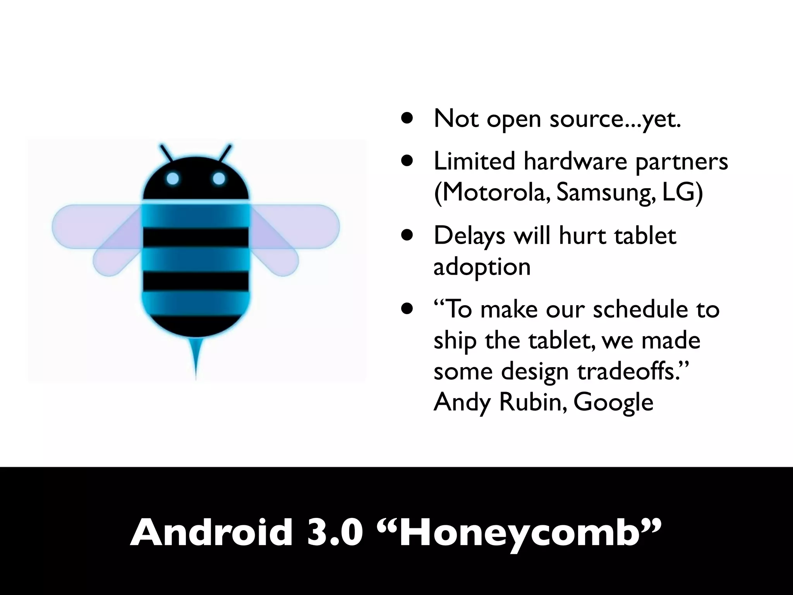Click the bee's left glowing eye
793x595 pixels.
pos(173,179)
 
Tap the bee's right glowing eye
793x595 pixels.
pos(219,179)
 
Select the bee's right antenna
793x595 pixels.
pos(226,153)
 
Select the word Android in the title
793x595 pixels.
pos(211,533)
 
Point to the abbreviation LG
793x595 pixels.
pos(681,192)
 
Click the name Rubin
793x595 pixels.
pos(532,402)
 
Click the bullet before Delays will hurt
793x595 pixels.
pos(407,235)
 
